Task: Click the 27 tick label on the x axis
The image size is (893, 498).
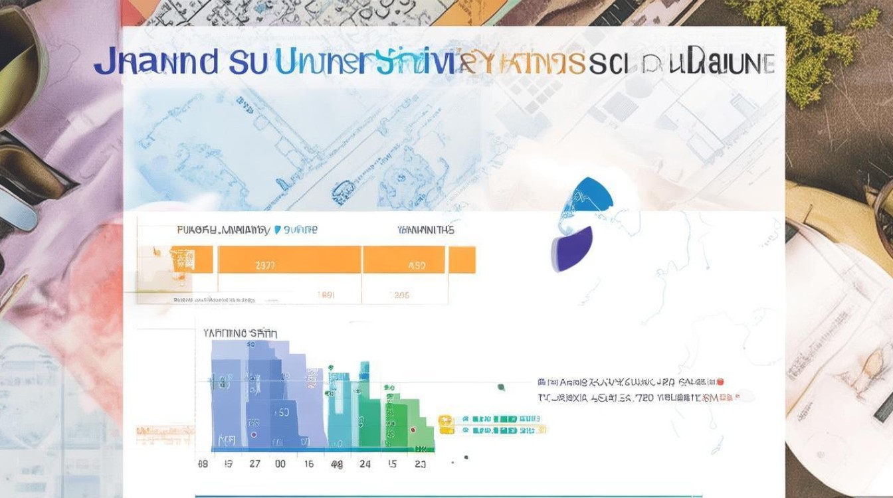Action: pyautogui.click(x=254, y=464)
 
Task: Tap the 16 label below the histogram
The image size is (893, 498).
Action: pyautogui.click(x=308, y=464)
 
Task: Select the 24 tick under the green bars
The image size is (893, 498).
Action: pyautogui.click(x=365, y=464)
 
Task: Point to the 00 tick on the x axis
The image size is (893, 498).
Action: pyautogui.click(x=280, y=464)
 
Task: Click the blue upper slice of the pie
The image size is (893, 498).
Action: pyautogui.click(x=587, y=199)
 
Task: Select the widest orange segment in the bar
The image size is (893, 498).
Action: pyautogui.click(x=290, y=260)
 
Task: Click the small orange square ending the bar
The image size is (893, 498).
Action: pyautogui.click(x=462, y=260)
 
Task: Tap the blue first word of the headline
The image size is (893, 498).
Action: pyautogui.click(x=155, y=62)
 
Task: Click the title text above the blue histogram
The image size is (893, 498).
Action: pyautogui.click(x=241, y=333)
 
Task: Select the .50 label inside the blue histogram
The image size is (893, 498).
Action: pyautogui.click(x=282, y=412)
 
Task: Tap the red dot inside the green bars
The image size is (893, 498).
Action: pyautogui.click(x=413, y=430)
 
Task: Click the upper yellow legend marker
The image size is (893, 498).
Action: pyautogui.click(x=445, y=420)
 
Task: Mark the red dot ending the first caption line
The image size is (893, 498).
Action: pyautogui.click(x=721, y=382)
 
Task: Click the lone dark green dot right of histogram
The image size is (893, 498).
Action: pyautogui.click(x=501, y=386)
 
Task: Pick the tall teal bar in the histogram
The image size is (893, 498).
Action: pyautogui.click(x=364, y=405)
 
